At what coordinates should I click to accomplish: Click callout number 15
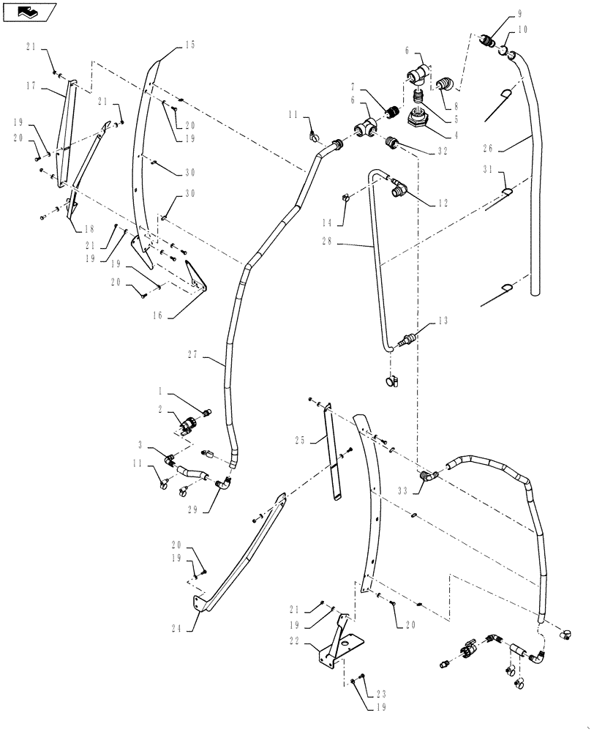click(x=189, y=46)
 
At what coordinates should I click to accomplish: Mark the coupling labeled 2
click(x=187, y=425)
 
